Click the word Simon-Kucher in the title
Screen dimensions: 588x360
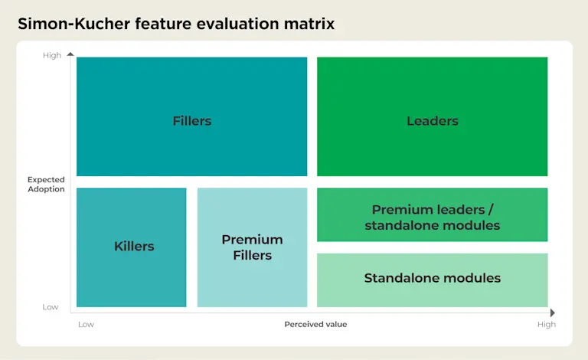point(73,24)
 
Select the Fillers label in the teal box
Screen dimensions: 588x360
point(192,121)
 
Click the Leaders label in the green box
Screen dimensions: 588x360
point(433,121)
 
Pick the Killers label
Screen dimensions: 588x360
point(134,246)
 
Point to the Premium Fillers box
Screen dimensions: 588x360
point(252,247)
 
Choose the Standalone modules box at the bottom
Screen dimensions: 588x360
point(433,280)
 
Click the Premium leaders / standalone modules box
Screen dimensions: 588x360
point(433,214)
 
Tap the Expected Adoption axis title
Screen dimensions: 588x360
point(46,184)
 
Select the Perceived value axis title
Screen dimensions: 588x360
point(315,324)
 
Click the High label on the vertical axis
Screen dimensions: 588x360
point(52,55)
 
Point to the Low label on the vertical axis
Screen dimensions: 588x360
point(51,307)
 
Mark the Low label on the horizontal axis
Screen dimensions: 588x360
point(86,324)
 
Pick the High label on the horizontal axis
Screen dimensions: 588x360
point(547,324)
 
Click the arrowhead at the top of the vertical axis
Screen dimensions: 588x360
point(70,54)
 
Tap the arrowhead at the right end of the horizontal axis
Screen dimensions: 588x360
point(553,313)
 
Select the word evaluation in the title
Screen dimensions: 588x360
point(238,24)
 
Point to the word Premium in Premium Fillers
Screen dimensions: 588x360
point(252,239)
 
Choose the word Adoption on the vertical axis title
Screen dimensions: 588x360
point(46,189)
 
